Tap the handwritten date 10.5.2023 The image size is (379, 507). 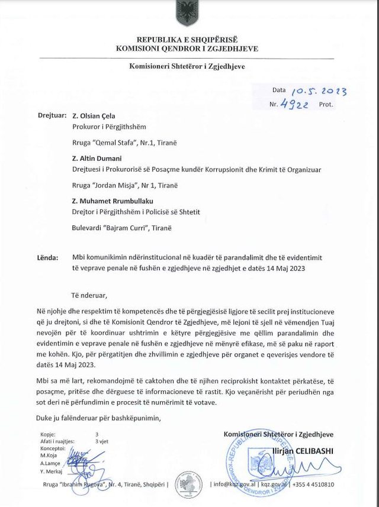pyautogui.click(x=319, y=91)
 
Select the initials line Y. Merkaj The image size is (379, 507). pyautogui.click(x=53, y=471)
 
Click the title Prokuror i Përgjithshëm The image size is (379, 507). pyautogui.click(x=108, y=127)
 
